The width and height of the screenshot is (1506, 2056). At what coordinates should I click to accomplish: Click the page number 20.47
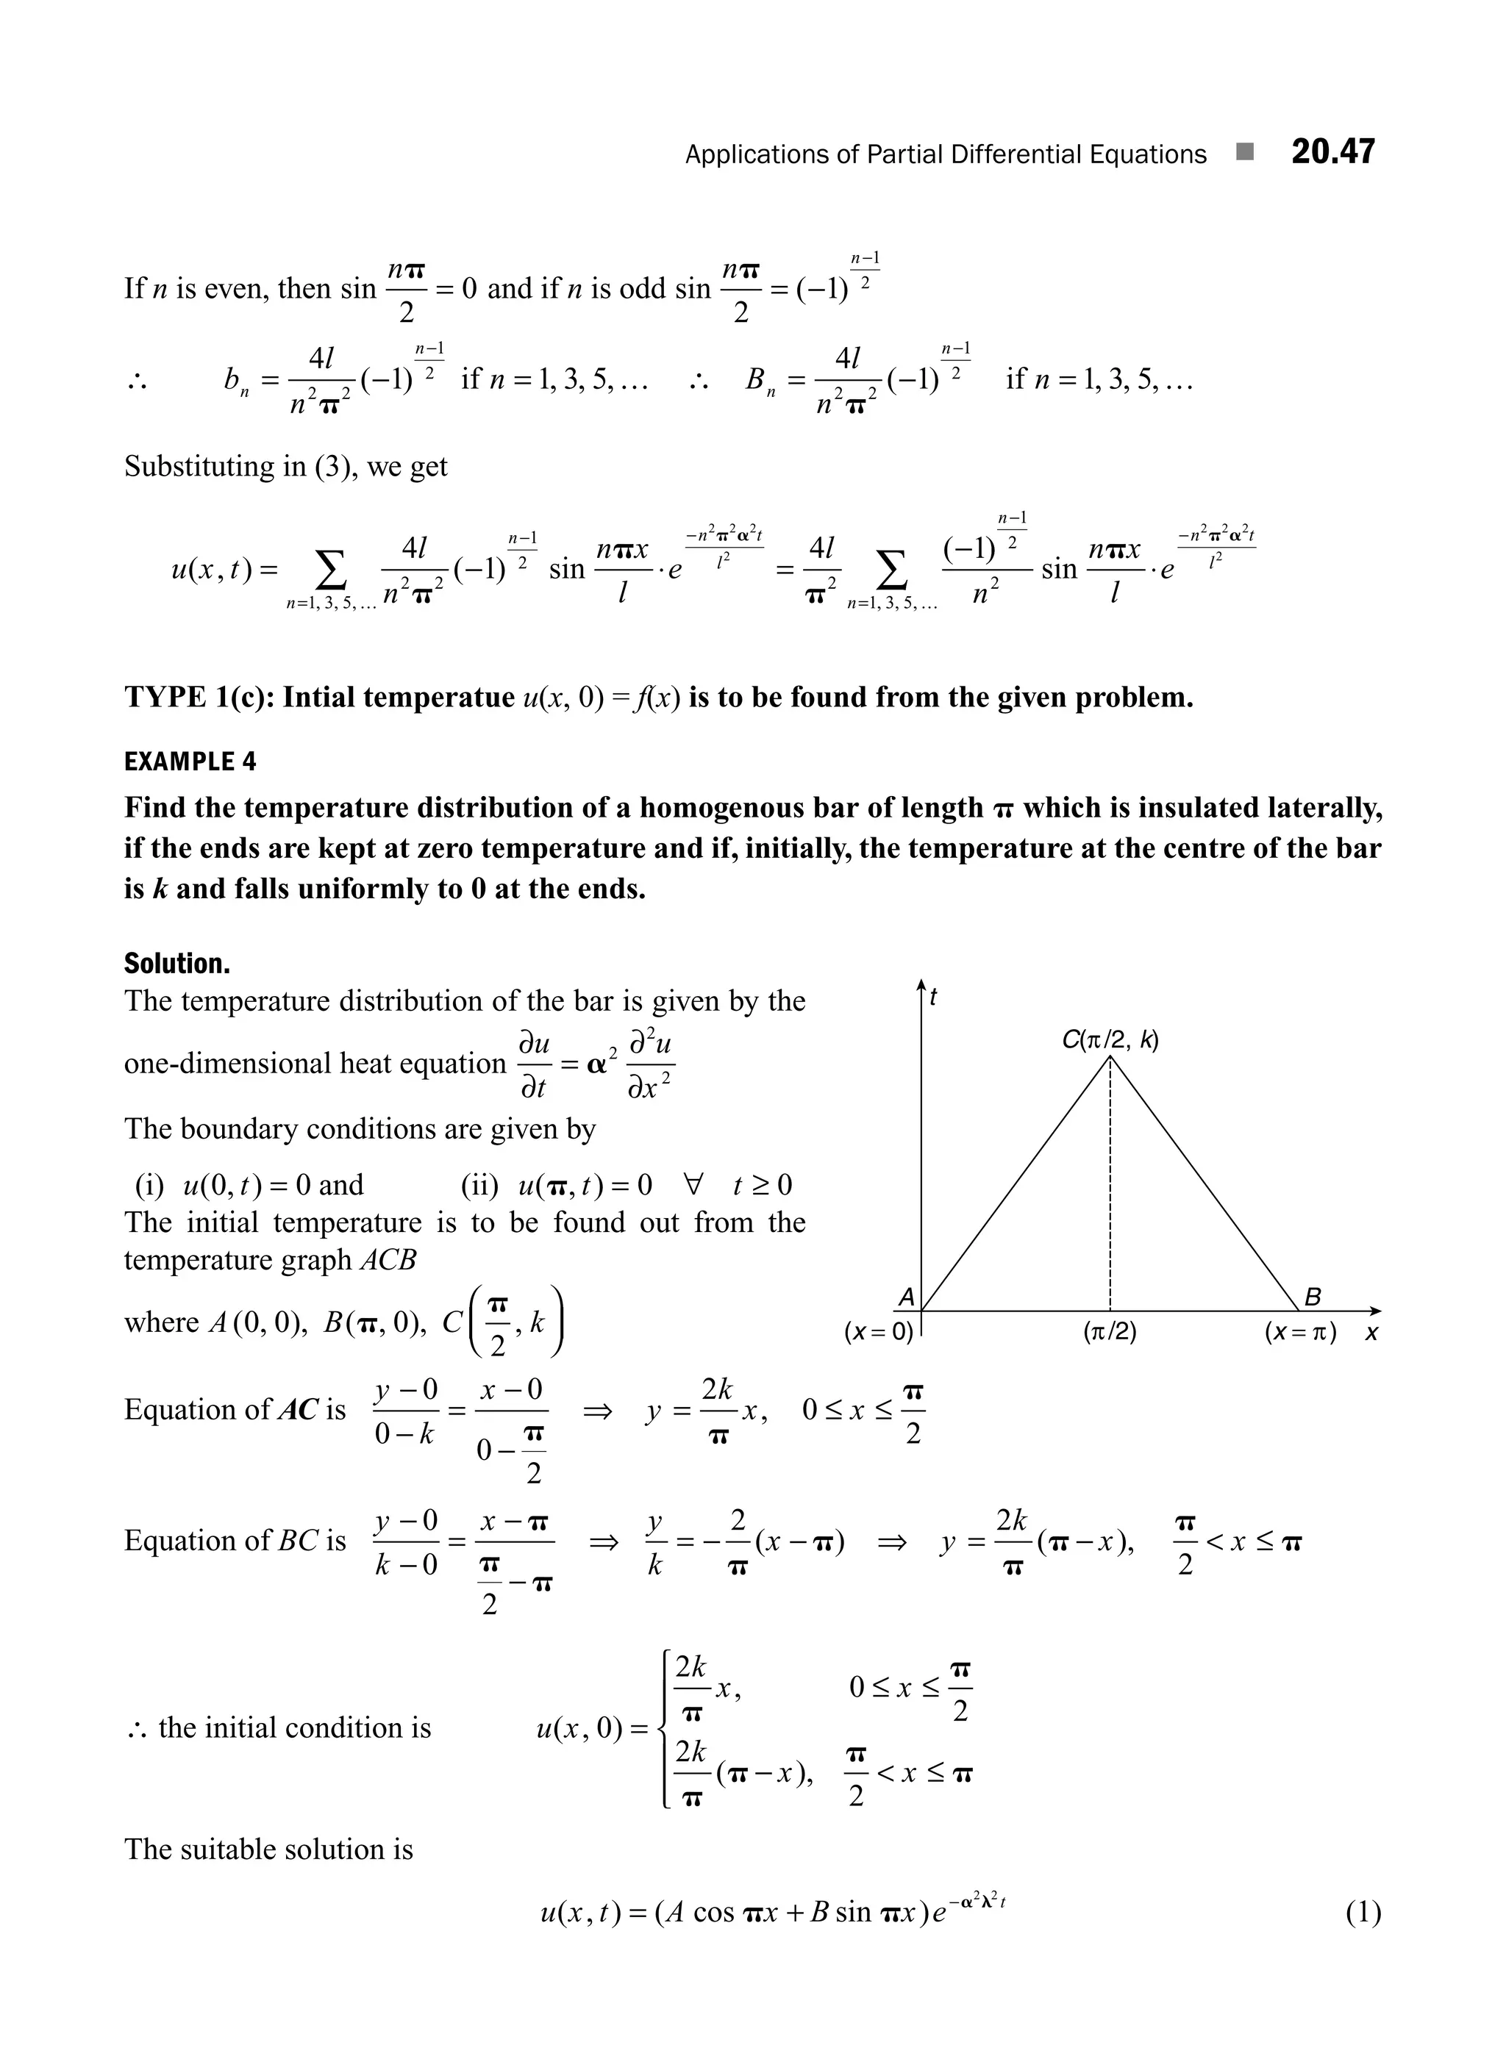click(1332, 152)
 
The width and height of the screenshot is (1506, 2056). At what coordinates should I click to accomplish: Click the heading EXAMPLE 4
click(190, 762)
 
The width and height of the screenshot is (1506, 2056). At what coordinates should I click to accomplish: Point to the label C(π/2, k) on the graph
click(1110, 1040)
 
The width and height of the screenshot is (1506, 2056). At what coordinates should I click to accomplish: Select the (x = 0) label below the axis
click(878, 1333)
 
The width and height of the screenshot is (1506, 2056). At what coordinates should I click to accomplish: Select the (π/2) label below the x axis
click(1110, 1333)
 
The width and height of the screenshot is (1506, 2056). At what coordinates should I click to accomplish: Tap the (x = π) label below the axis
click(1300, 1333)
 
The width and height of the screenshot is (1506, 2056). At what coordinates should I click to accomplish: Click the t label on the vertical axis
click(933, 999)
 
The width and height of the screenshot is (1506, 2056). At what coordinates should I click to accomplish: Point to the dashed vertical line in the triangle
click(1110, 1185)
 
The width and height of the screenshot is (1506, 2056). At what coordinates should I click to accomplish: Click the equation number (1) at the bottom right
click(1363, 1913)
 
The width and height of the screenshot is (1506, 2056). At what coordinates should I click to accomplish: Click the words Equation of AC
click(235, 1410)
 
